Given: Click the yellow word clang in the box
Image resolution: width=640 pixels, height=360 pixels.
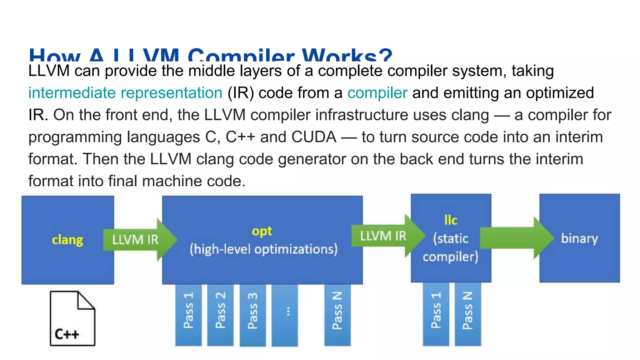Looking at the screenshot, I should (x=67, y=240).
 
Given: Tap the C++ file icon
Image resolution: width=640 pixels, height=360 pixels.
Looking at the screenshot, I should (x=72, y=318).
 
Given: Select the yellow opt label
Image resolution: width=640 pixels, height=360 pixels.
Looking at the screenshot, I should (x=262, y=231).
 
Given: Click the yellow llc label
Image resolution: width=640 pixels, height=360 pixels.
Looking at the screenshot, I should (x=451, y=220).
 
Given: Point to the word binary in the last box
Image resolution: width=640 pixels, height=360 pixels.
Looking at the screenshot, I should (x=579, y=238).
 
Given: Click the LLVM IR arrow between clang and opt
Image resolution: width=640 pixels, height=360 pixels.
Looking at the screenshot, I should (x=137, y=240).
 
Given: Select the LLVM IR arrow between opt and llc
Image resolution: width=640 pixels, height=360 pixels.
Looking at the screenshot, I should (x=386, y=236).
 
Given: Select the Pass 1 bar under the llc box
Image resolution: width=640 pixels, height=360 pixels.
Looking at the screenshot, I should (x=436, y=314).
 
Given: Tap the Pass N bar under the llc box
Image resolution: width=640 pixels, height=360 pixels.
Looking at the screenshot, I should (x=467, y=314).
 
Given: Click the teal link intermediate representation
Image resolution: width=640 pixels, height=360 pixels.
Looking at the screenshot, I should (x=125, y=93).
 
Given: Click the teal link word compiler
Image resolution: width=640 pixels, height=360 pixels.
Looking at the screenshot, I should (x=377, y=93).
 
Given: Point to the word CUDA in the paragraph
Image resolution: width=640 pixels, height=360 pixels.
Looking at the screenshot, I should (x=314, y=137).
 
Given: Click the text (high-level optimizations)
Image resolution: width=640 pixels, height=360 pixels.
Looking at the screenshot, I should (x=263, y=249).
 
